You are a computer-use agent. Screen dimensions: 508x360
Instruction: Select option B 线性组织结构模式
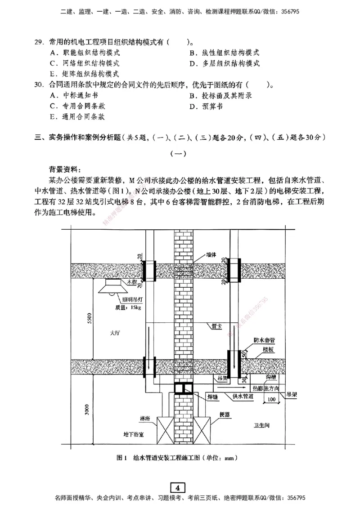click(224, 53)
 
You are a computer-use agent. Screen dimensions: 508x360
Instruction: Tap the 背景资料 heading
click(63, 169)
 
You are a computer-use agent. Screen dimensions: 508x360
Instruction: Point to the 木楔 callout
click(131, 282)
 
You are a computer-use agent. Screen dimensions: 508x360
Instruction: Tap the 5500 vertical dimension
click(89, 318)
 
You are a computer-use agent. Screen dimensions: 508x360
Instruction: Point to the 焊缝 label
click(208, 396)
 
